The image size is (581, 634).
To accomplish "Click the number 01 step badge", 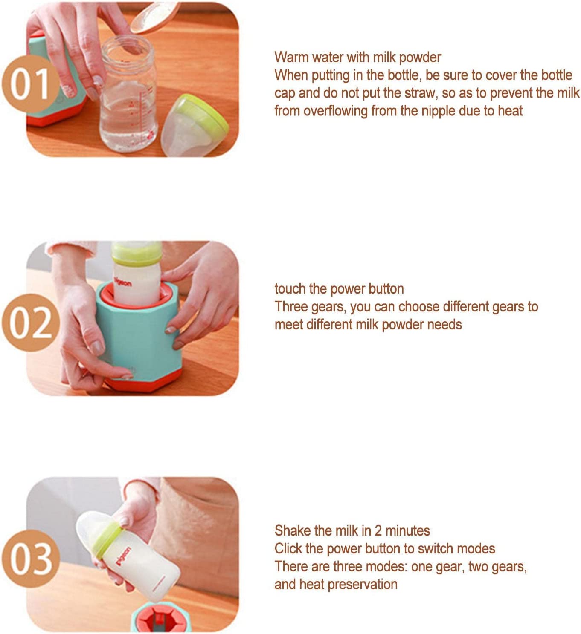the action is [x=31, y=84].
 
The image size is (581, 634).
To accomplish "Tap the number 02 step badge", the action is [x=31, y=323].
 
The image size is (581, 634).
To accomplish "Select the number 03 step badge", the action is [x=31, y=559].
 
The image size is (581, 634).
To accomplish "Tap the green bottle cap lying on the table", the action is [x=194, y=125].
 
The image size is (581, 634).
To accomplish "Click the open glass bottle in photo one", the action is [x=128, y=94].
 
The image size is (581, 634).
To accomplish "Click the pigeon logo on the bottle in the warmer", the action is [x=123, y=282].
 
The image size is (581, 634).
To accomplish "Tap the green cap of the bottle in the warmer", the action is [x=137, y=253].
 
